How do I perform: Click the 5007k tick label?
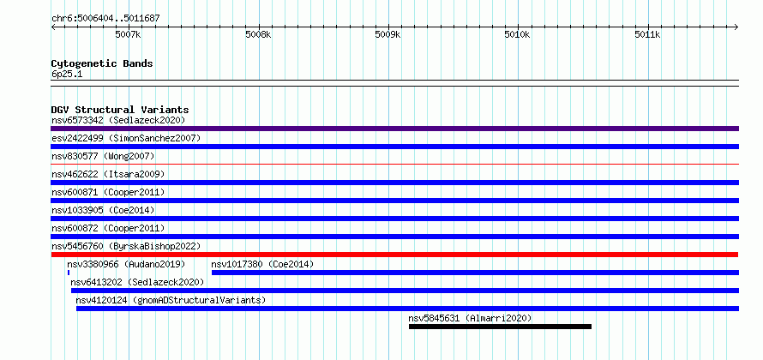[128, 34]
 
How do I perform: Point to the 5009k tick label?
[388, 34]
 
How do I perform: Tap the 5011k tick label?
[647, 34]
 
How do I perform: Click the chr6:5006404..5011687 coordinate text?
[105, 19]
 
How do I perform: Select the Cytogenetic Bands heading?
[102, 63]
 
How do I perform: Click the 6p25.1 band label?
[67, 75]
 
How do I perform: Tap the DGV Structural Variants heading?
[120, 110]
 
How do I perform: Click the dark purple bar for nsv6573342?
[394, 129]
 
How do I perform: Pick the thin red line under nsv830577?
[394, 165]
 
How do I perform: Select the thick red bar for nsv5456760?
[394, 255]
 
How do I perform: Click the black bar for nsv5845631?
[500, 327]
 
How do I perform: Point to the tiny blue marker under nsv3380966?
[69, 273]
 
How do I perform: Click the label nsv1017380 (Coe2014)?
[263, 264]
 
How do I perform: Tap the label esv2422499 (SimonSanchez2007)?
[126, 138]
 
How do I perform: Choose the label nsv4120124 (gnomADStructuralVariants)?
[171, 300]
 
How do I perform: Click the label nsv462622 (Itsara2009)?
[108, 174]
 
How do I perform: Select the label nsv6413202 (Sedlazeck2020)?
[137, 282]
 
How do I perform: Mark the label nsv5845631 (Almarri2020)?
[470, 318]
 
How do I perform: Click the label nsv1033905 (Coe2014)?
[103, 210]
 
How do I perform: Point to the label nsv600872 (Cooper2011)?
[108, 228]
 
